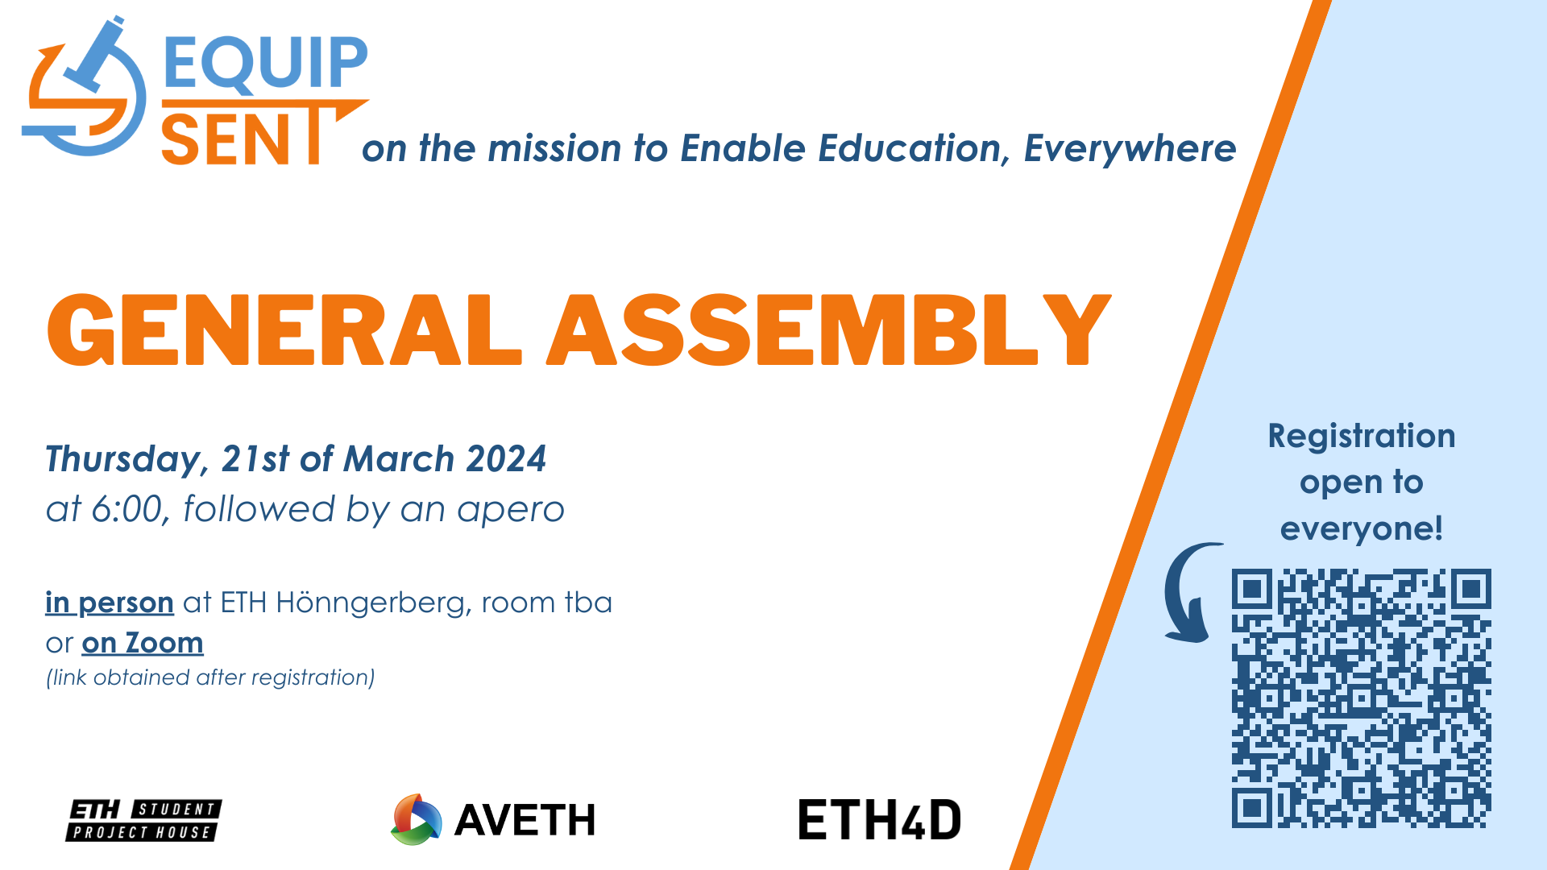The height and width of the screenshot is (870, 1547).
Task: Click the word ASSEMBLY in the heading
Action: pyautogui.click(x=830, y=330)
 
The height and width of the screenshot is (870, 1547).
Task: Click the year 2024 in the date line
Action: pyautogui.click(x=506, y=459)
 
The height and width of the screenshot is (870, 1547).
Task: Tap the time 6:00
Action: pyautogui.click(x=127, y=509)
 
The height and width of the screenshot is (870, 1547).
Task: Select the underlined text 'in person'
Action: pyautogui.click(x=110, y=603)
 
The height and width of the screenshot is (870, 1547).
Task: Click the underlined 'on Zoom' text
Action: pyautogui.click(x=143, y=643)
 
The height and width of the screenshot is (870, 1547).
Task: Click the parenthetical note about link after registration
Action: pyautogui.click(x=210, y=677)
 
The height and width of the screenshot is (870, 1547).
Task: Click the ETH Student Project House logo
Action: pyautogui.click(x=143, y=820)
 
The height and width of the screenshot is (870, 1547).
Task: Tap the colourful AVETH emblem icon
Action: pyautogui.click(x=416, y=820)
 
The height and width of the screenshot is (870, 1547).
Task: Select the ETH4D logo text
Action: pyautogui.click(x=880, y=820)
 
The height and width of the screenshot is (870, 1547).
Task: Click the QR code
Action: pyautogui.click(x=1361, y=698)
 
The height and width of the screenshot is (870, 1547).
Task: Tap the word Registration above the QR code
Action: pyautogui.click(x=1362, y=436)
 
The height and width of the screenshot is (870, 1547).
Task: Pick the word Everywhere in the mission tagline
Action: pyautogui.click(x=1130, y=149)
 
